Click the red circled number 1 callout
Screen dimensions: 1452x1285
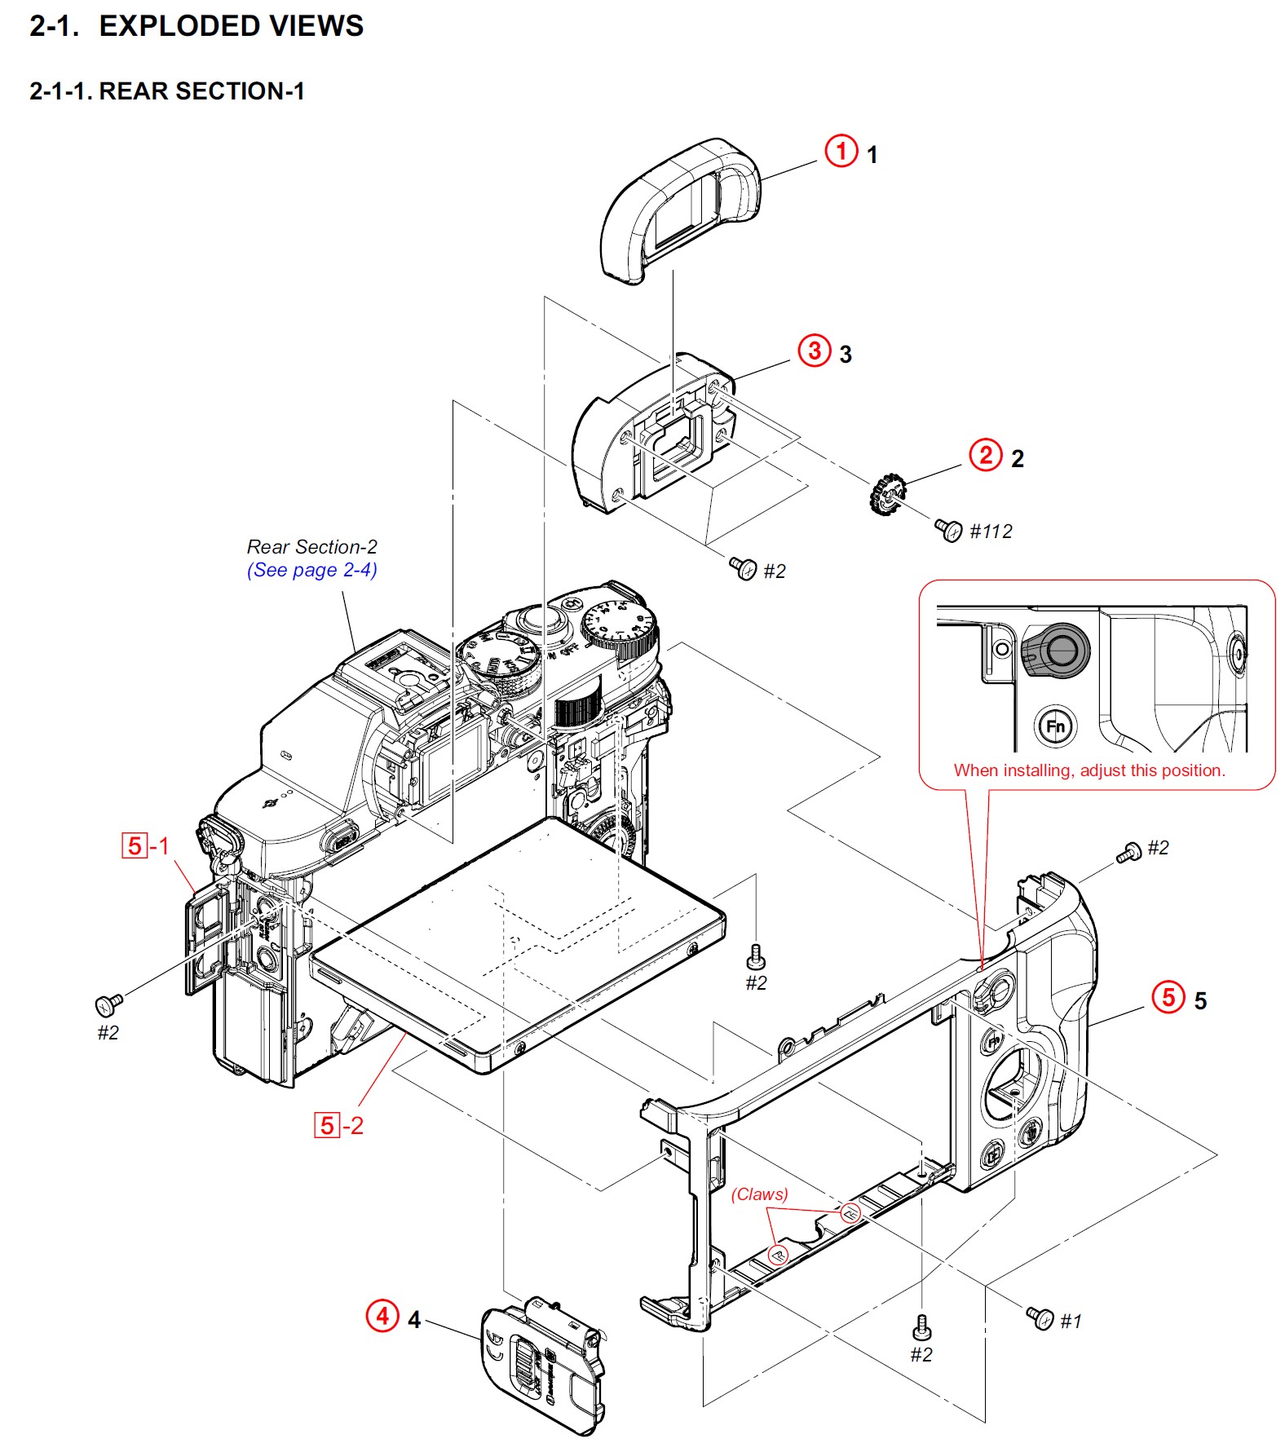click(x=841, y=151)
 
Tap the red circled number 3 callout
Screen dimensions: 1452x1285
click(x=814, y=351)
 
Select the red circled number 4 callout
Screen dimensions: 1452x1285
click(x=382, y=1315)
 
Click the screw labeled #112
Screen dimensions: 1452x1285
click(x=948, y=530)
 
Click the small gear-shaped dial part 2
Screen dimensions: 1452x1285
click(x=887, y=494)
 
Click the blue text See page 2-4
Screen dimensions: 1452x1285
click(x=311, y=570)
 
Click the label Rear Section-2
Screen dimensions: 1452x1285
click(x=311, y=546)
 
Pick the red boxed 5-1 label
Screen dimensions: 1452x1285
click(x=145, y=845)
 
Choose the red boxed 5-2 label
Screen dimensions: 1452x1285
click(x=338, y=1125)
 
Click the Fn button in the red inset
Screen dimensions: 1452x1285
click(x=1055, y=726)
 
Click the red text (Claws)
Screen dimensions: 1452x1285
click(x=759, y=1194)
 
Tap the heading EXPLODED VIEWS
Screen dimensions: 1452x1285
click(x=231, y=26)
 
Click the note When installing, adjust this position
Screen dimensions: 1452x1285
click(x=1089, y=770)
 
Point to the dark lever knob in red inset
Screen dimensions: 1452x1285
click(x=1057, y=651)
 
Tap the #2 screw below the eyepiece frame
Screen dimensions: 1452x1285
click(x=743, y=567)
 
